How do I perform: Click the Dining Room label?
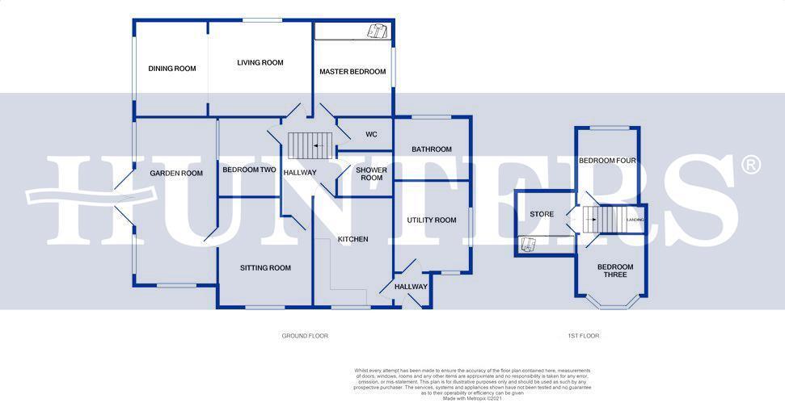(172, 69)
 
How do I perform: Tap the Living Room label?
(260, 62)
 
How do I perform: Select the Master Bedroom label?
(352, 72)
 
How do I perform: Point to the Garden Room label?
(175, 173)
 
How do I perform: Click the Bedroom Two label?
(250, 170)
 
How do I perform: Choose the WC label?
(371, 134)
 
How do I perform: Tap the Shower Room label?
(371, 174)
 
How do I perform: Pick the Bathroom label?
(431, 149)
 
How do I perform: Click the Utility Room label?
(432, 220)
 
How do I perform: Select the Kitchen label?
(352, 239)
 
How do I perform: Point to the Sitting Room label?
(265, 267)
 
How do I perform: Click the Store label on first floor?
(542, 214)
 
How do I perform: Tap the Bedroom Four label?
(607, 161)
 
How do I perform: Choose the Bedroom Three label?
(615, 271)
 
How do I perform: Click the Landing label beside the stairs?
(636, 219)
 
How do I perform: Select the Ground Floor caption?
(304, 335)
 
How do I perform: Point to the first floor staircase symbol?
(601, 218)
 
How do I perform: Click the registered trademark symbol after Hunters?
(751, 165)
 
